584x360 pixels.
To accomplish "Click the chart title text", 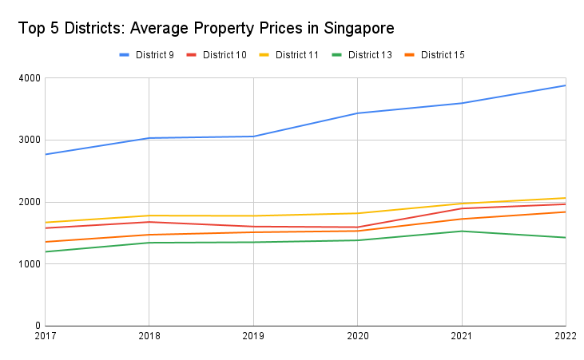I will (206, 29).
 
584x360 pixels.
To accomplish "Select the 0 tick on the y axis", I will (37, 326).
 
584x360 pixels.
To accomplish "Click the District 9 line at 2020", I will (358, 113).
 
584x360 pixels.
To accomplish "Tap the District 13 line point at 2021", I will (462, 231).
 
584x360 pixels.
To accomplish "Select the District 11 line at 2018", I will (149, 216).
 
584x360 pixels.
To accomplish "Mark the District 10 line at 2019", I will (253, 227).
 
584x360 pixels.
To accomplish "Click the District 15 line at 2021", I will (462, 219).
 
